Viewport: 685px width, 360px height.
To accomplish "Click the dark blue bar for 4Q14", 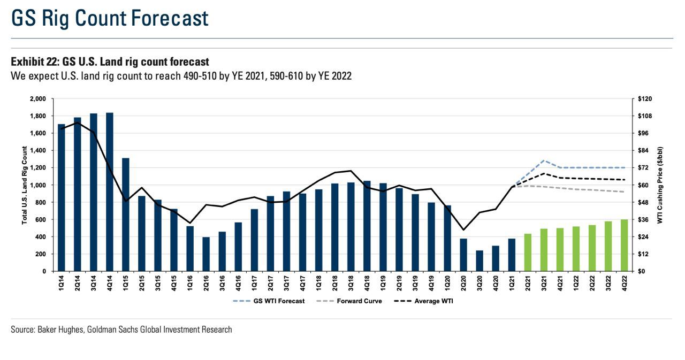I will tap(110, 193).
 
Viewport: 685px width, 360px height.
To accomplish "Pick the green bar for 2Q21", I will tap(528, 252).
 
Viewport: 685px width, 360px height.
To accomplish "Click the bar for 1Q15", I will tap(126, 214).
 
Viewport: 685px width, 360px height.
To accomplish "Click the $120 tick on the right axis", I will tap(643, 99).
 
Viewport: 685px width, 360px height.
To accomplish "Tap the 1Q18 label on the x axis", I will tap(319, 284).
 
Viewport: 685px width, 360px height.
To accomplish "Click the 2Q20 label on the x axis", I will tap(463, 284).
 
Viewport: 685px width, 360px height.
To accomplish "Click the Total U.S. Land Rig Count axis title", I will tap(25, 185).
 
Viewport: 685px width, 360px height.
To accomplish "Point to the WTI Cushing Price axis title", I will tap(660, 185).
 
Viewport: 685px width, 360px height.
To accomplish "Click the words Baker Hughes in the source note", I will tap(59, 330).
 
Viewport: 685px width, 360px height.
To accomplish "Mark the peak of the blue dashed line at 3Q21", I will tap(544, 160).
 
